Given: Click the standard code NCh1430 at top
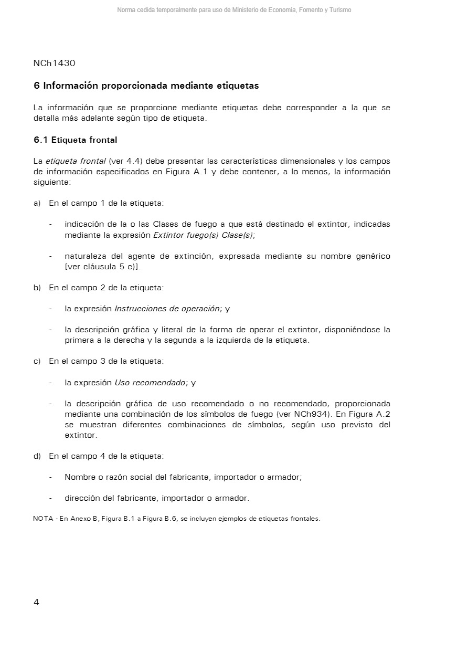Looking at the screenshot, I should (54, 64).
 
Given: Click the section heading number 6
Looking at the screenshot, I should (36, 86).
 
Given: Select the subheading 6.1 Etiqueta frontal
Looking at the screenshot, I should (75, 140).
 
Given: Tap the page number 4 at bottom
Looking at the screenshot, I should (36, 603).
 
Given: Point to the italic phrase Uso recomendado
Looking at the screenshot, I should (150, 383).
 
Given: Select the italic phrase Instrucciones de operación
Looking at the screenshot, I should (167, 309).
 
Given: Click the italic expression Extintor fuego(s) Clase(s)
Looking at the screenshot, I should (203, 235).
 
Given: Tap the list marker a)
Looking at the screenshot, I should (37, 203).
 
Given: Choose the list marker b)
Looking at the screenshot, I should (37, 288).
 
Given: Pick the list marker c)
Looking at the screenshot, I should (37, 361).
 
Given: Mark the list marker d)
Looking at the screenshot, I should (37, 456).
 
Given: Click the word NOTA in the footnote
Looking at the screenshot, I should (42, 519).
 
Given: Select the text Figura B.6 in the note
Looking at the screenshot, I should (162, 519).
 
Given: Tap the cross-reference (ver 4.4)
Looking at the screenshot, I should (123, 161).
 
